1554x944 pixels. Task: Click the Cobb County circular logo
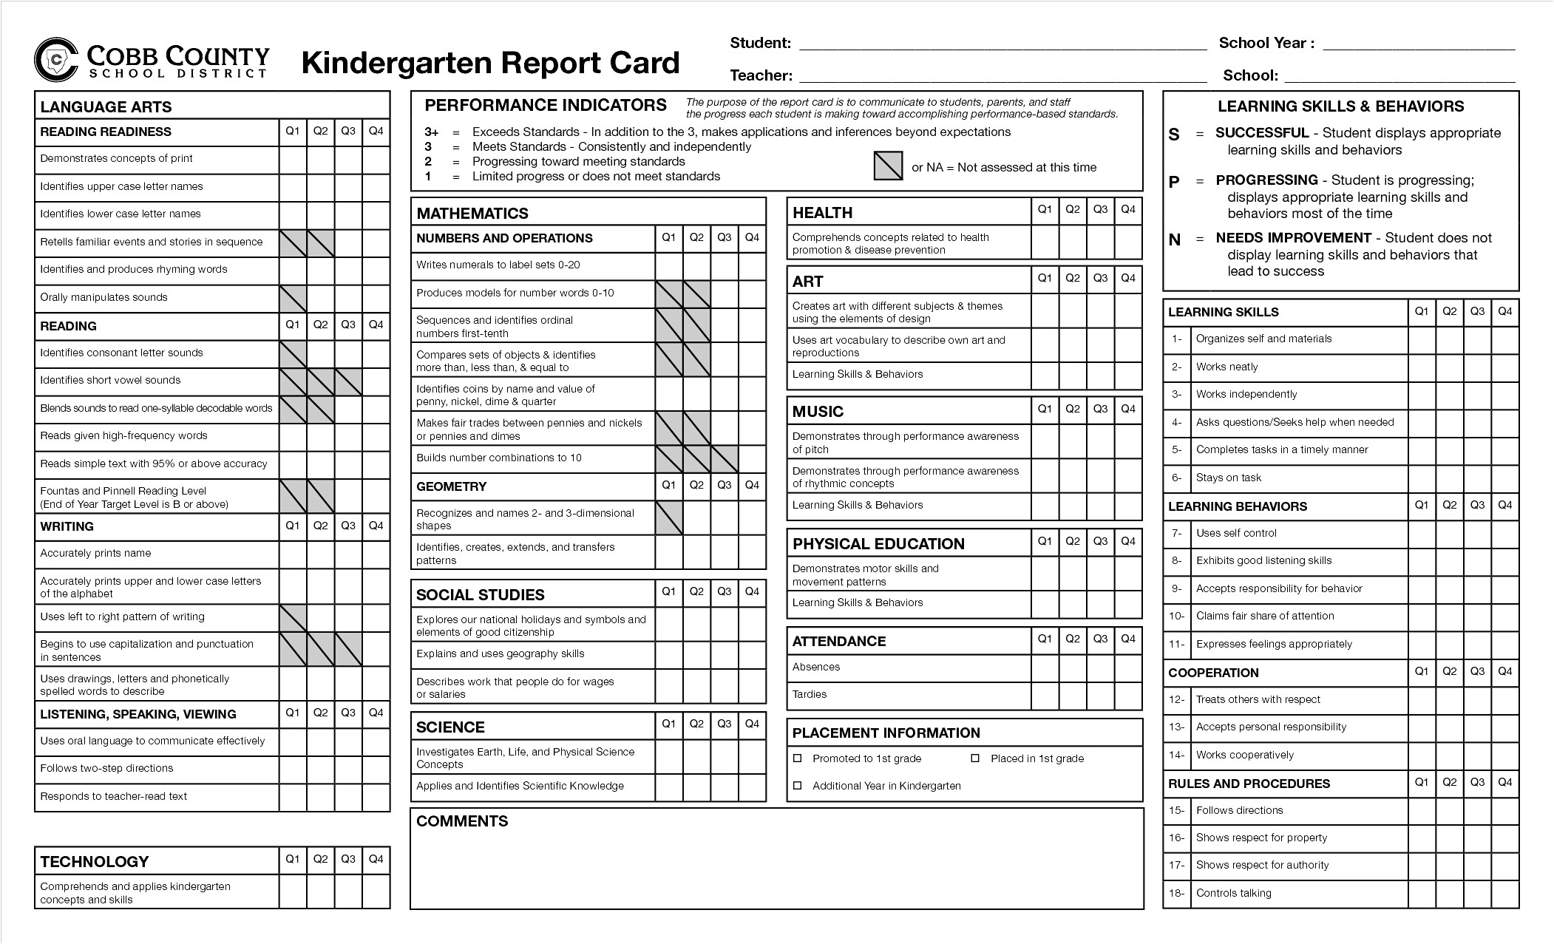(56, 59)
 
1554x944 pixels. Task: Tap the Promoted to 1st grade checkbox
(798, 758)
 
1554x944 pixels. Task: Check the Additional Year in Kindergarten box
(798, 786)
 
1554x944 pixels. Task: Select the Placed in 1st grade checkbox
(975, 758)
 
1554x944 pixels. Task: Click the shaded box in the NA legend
(888, 166)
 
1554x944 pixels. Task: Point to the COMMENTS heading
(462, 821)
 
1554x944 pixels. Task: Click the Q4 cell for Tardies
(1128, 695)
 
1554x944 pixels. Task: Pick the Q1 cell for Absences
(1045, 668)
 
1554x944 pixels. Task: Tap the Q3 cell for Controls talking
(1477, 893)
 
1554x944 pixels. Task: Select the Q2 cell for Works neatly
(1449, 367)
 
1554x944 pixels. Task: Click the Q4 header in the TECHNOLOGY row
(376, 859)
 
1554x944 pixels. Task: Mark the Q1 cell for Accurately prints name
(293, 554)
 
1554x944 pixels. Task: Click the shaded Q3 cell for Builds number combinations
(725, 458)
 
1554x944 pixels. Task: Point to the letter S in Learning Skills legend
(1174, 135)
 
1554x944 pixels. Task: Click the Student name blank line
(1002, 44)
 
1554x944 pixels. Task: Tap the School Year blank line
(1419, 44)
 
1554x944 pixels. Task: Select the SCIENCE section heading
(450, 727)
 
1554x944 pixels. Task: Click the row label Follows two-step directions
(106, 769)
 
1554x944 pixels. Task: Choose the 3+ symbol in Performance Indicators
(431, 132)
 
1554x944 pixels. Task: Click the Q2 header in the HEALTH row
(1073, 210)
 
